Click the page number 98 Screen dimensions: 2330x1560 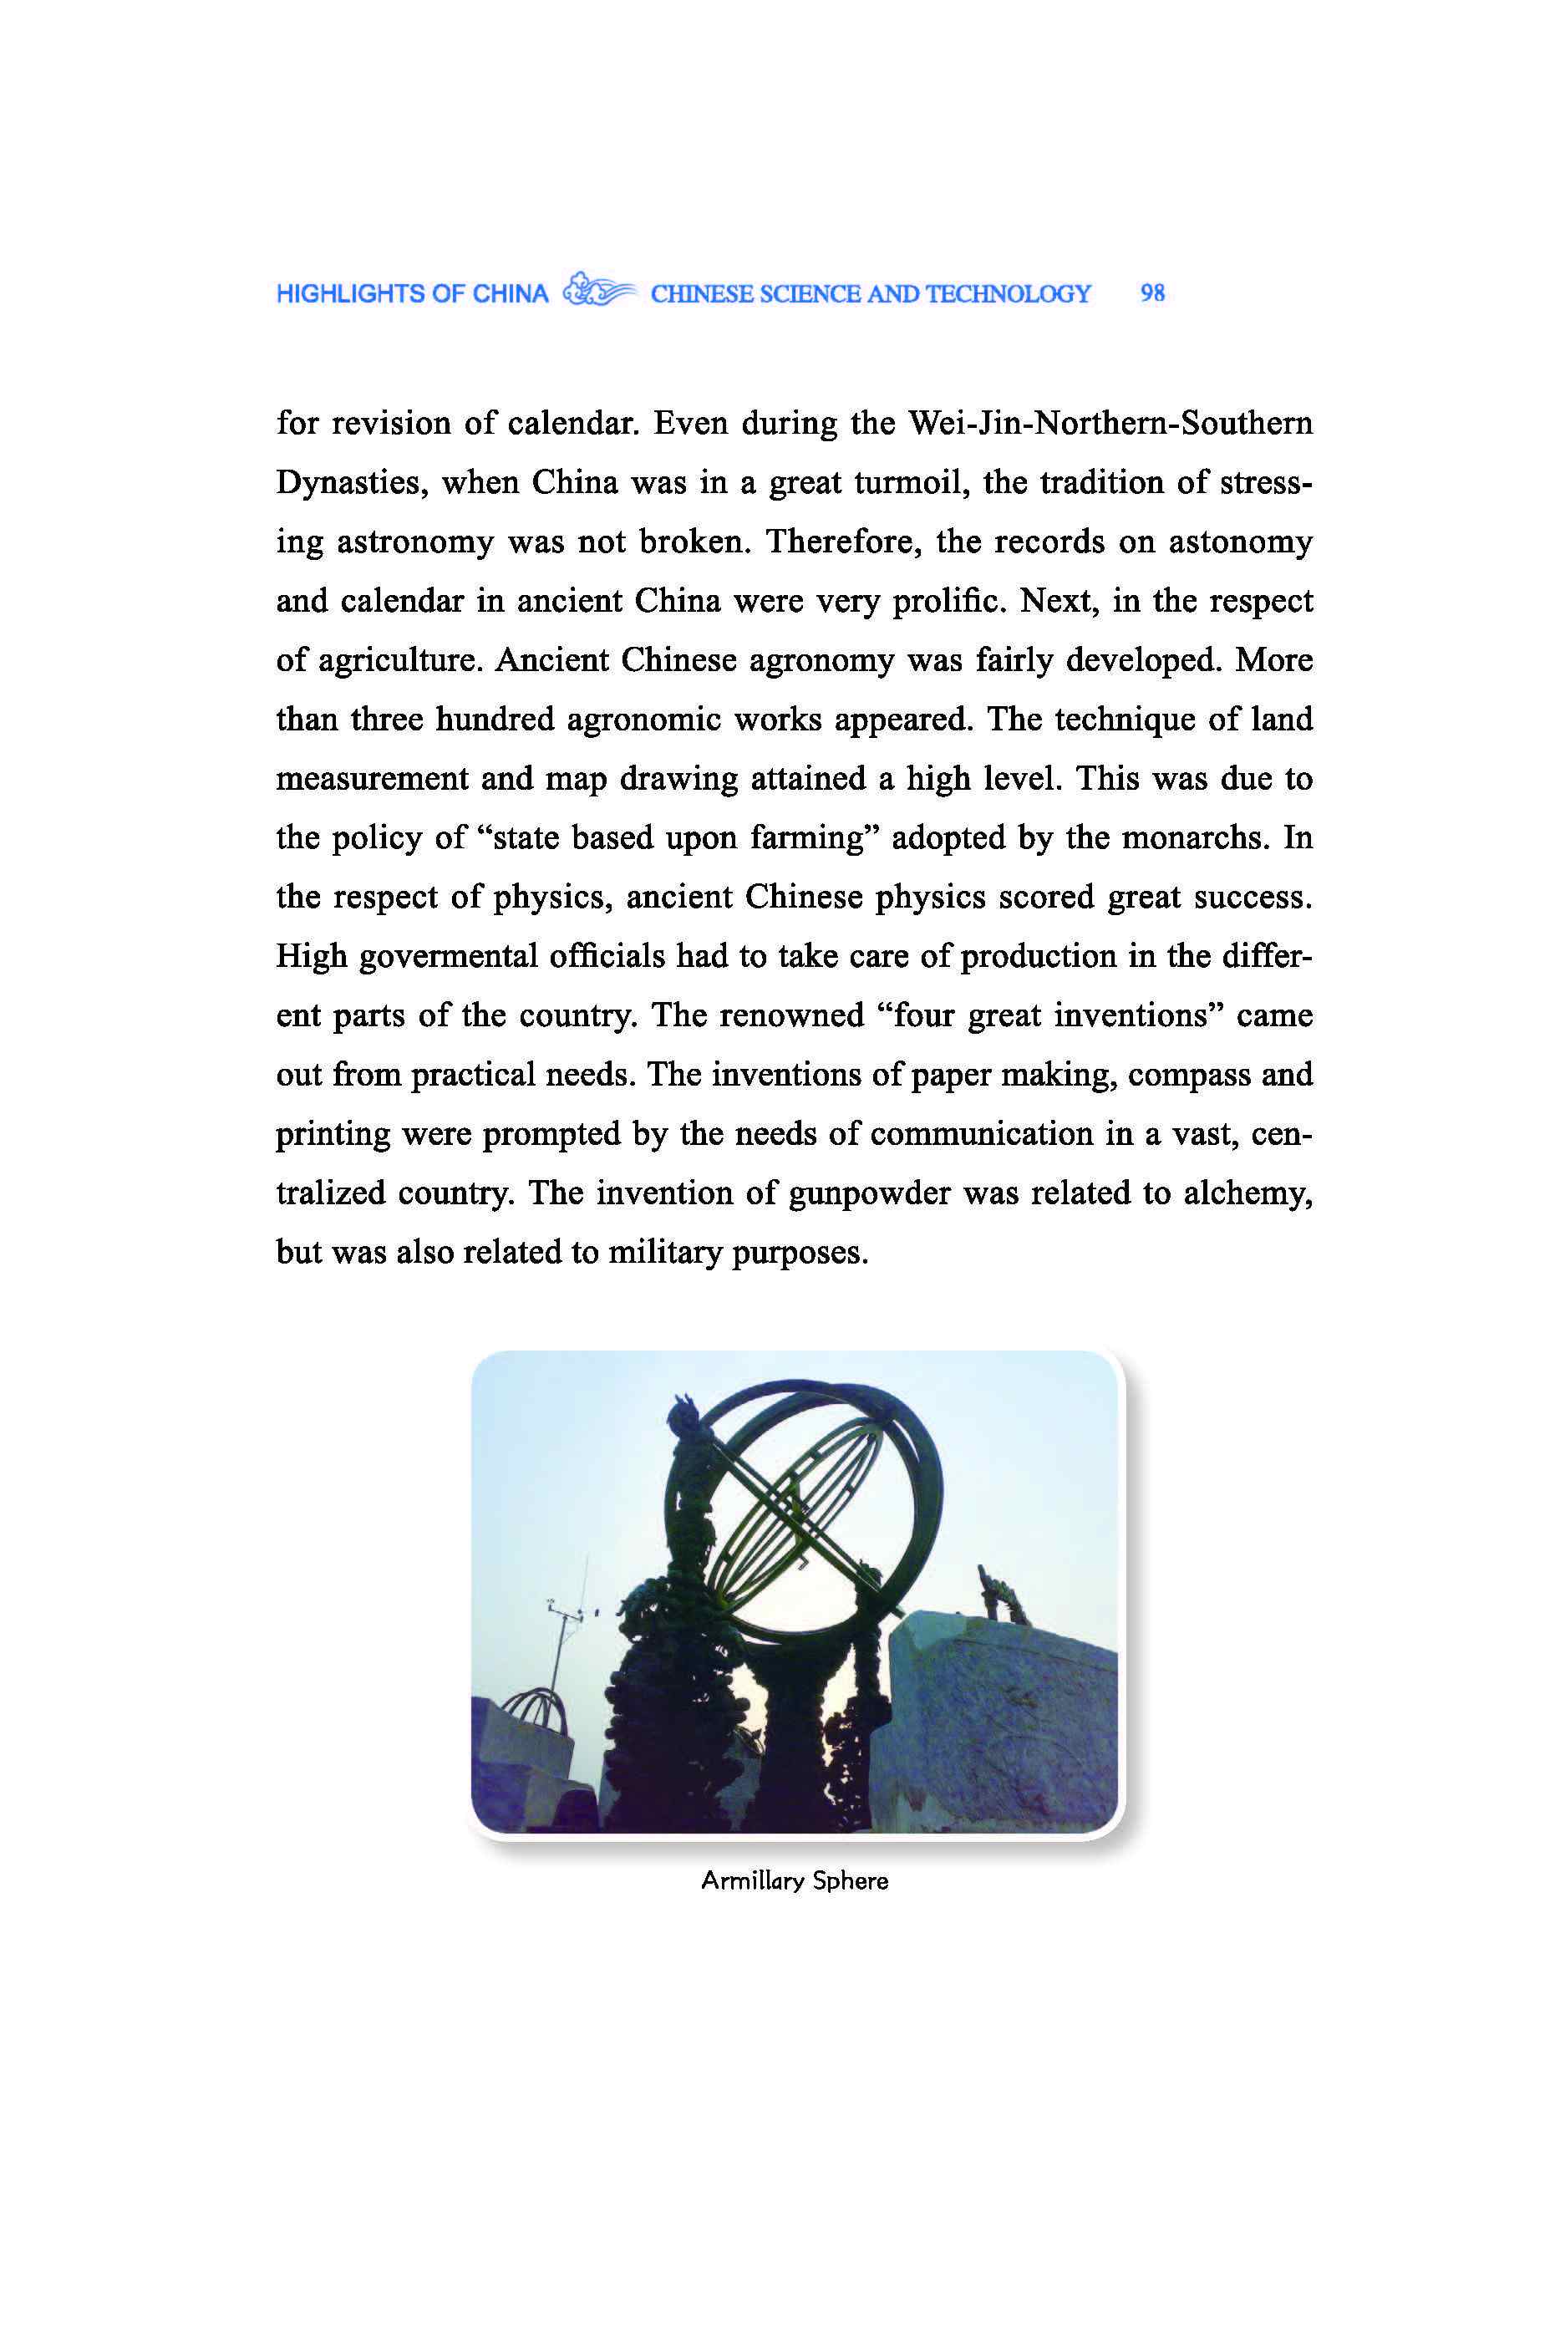pos(1152,293)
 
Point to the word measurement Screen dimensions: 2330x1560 pos(371,779)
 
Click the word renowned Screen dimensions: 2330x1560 pos(792,1015)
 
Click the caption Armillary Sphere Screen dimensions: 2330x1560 pos(794,1880)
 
